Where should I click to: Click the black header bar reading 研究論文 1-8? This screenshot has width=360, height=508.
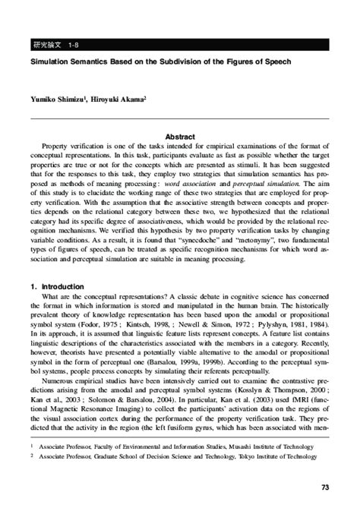180,45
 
